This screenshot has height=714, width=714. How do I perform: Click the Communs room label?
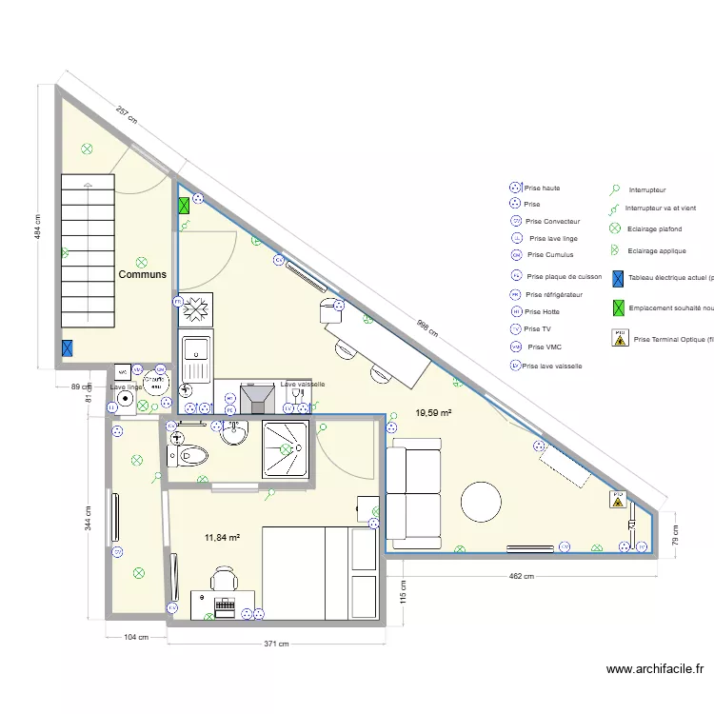click(x=142, y=274)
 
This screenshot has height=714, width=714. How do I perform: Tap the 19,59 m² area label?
click(x=434, y=413)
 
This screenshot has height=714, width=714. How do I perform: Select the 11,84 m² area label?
click(x=222, y=538)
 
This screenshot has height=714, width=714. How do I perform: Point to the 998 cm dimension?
click(x=427, y=327)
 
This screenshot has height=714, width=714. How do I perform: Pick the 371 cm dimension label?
click(x=276, y=645)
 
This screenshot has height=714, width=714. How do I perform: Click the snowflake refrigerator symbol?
click(x=198, y=309)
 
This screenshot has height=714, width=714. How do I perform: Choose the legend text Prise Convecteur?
click(x=552, y=222)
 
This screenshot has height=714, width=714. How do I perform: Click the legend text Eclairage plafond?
click(x=654, y=229)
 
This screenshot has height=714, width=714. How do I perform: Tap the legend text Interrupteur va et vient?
click(x=661, y=208)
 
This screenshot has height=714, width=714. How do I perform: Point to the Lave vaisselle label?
click(x=303, y=385)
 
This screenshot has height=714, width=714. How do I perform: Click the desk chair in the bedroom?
click(x=225, y=578)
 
